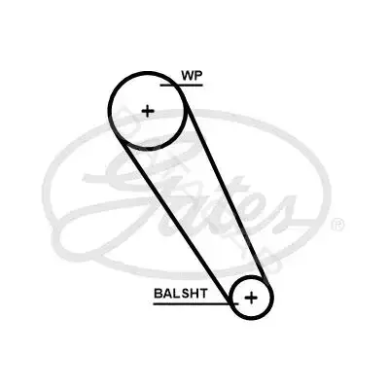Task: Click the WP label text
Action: click(192, 75)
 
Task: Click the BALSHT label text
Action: click(181, 294)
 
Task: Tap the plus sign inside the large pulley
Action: click(148, 112)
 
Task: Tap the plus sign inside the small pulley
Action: click(251, 298)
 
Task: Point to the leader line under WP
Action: click(182, 86)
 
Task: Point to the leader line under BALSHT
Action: click(195, 304)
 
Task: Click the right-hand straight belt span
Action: click(227, 187)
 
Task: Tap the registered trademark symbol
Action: click(337, 224)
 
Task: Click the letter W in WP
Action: click(188, 75)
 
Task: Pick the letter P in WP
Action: click(198, 75)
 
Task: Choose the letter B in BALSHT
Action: click(158, 294)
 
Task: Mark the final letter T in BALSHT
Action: click(203, 294)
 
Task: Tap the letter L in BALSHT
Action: click(176, 294)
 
